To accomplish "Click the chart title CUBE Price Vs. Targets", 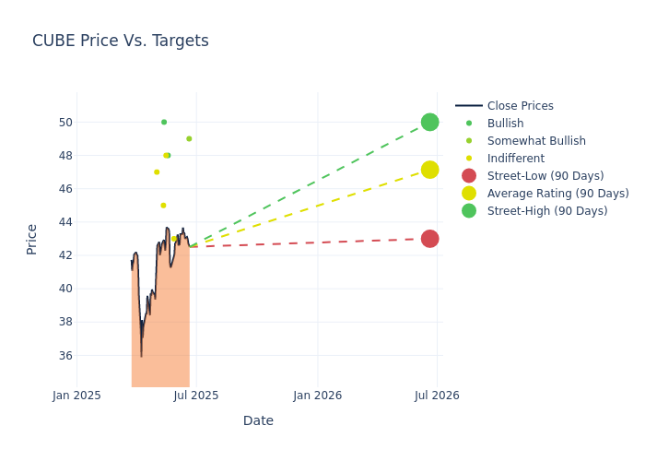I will coord(121,41).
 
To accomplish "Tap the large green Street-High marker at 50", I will coord(429,122).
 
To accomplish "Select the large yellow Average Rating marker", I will coord(429,170).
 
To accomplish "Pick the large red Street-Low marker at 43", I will coord(429,239).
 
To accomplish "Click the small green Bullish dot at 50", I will coord(164,122).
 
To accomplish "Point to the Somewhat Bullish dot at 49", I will coord(189,139).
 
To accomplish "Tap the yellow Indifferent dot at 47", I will coord(157,172).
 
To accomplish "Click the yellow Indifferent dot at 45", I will coord(163,206).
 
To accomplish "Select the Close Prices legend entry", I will coord(520,106).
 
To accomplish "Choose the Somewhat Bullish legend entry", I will coord(535,141).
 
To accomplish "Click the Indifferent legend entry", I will coord(515,159).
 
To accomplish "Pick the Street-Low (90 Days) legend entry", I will coord(545,176).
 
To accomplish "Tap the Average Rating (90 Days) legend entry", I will coord(557,194).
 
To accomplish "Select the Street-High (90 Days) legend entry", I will coord(546,211).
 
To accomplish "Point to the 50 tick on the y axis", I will coord(65,123).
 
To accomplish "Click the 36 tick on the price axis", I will coord(65,355).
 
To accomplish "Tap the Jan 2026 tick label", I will coord(318,396).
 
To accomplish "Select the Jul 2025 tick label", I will coord(197,396).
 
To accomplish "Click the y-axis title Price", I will coord(32,239).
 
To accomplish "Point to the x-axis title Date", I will coord(258,420).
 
